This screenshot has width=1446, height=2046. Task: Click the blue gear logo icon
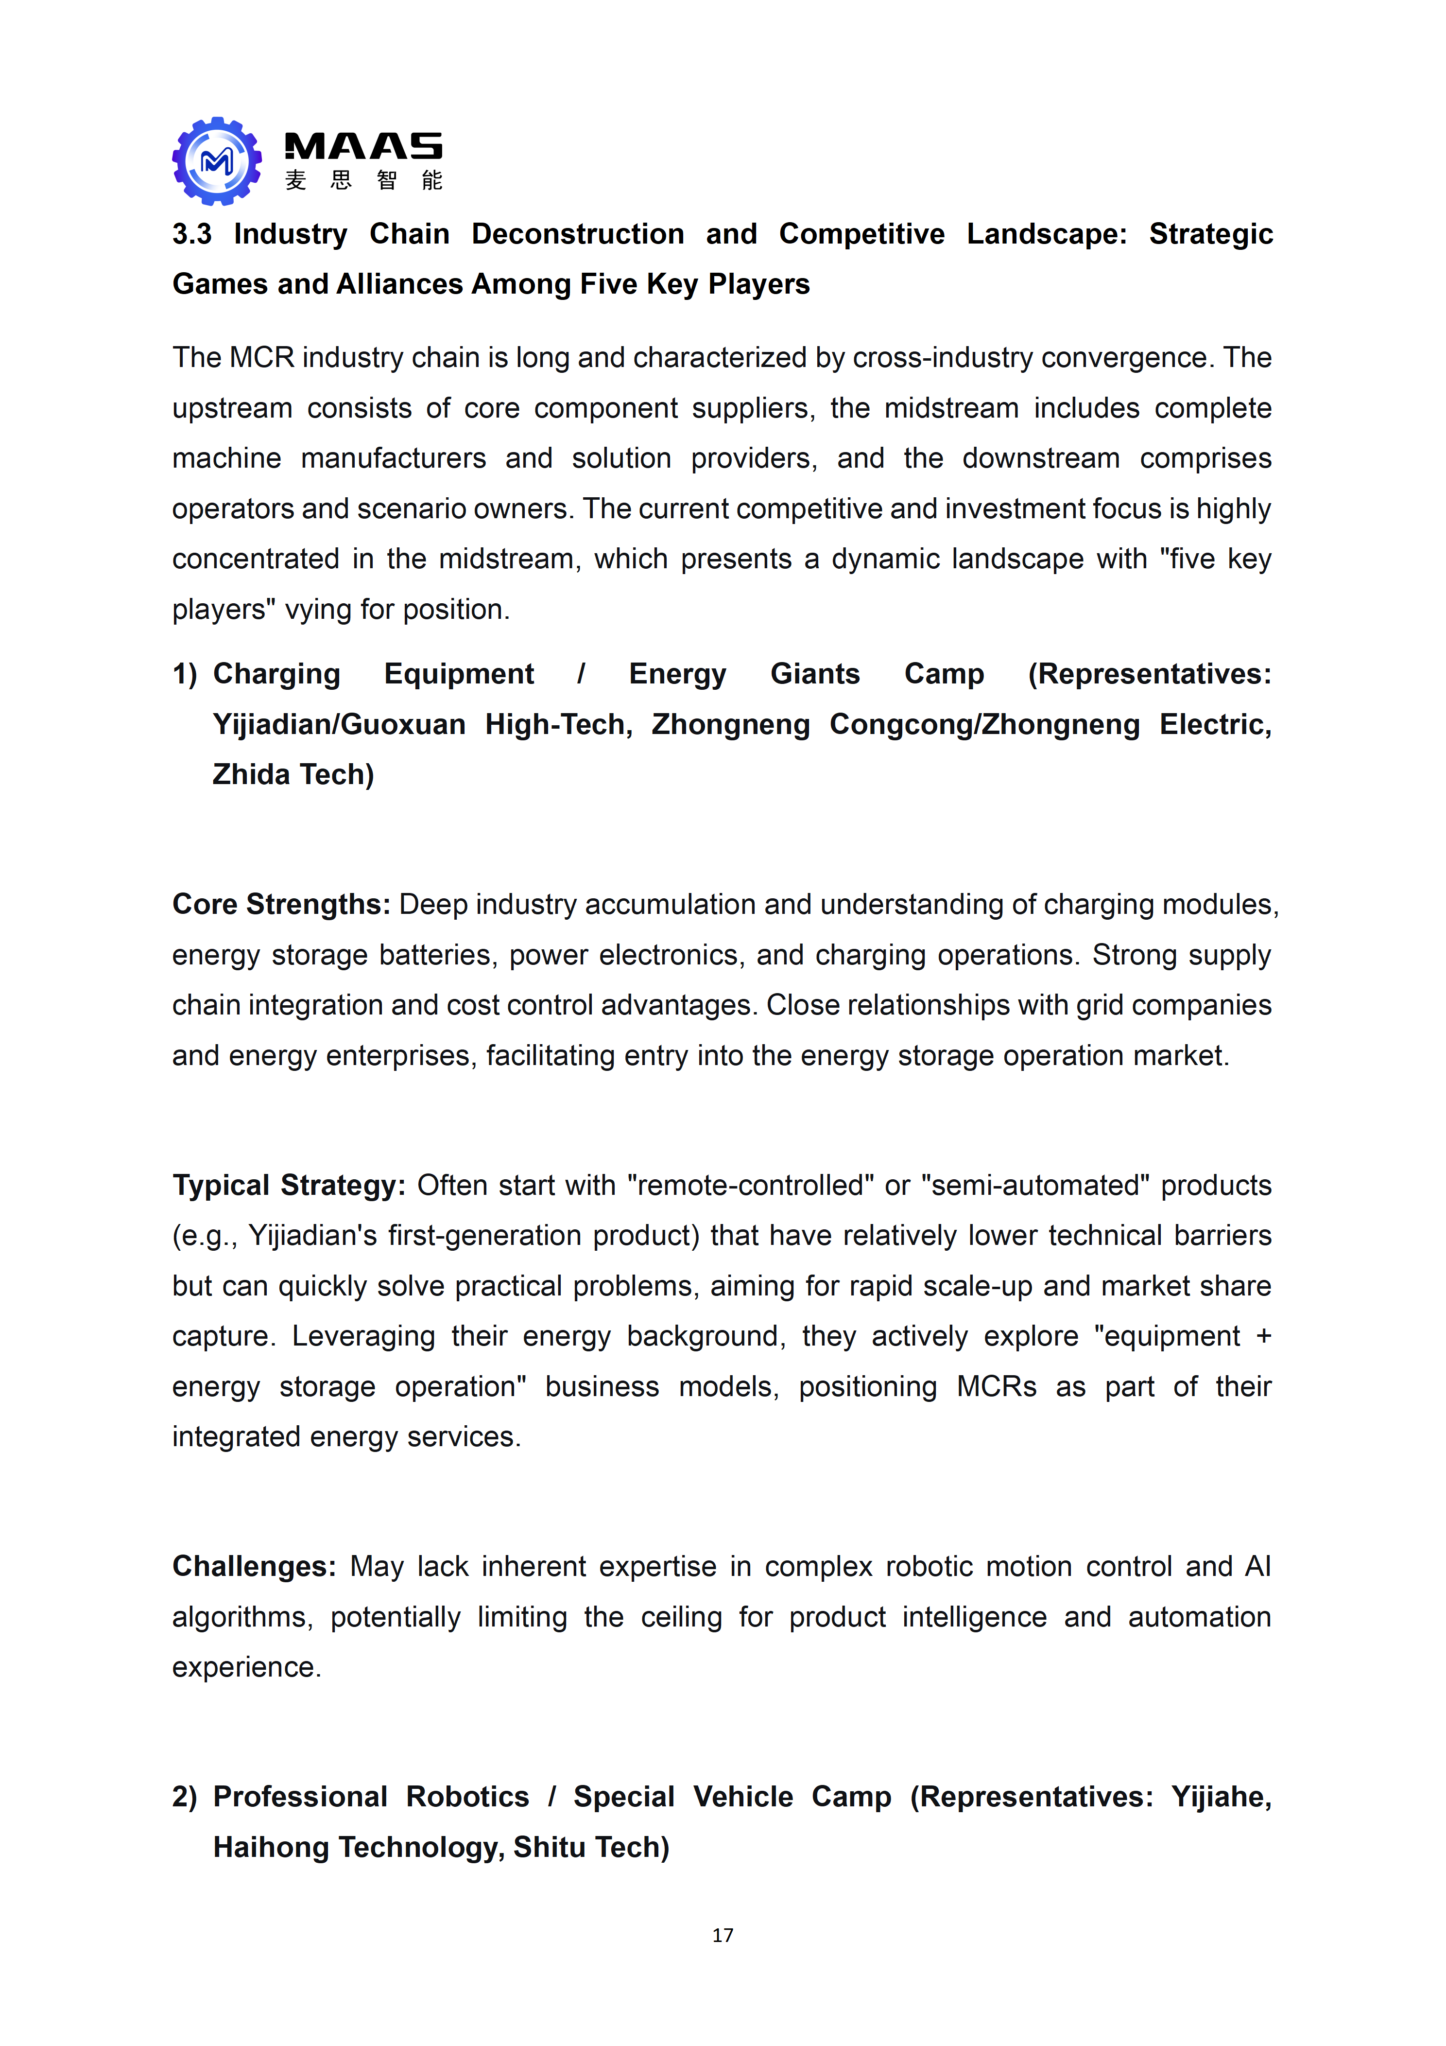217,161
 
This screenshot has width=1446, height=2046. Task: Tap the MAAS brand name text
362,146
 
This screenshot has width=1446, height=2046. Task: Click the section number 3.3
191,234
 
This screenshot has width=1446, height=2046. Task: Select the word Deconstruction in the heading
577,234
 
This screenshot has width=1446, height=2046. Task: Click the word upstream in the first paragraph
232,409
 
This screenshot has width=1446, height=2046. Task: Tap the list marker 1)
185,675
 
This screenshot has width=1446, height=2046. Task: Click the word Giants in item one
814,675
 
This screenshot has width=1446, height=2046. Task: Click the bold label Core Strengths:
281,905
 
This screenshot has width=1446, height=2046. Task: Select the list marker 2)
185,1798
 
